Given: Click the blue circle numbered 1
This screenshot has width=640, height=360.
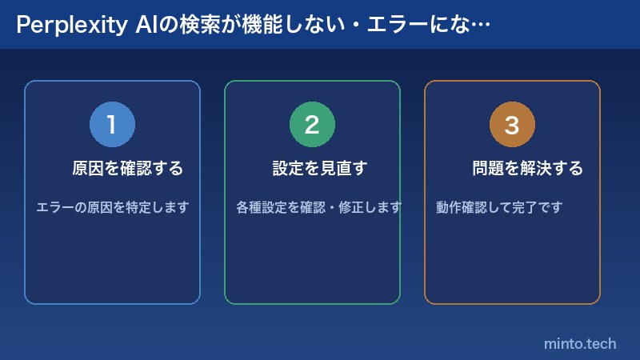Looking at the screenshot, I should coord(112,124).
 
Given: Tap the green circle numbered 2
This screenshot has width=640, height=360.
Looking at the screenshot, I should coord(312,124).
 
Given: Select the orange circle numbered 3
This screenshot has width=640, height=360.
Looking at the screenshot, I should coord(512,124).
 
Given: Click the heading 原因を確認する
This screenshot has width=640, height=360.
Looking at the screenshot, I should coord(128,169).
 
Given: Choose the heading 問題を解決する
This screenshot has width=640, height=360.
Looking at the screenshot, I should coord(527,169).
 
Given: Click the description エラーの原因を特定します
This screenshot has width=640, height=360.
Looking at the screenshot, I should coord(112,207).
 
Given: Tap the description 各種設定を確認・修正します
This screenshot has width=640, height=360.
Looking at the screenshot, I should coord(318,207).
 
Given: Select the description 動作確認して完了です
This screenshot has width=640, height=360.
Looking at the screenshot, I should coord(499,207).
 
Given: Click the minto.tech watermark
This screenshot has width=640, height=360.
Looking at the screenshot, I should coord(580,343).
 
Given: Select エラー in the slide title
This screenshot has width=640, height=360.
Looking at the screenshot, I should coord(386,26).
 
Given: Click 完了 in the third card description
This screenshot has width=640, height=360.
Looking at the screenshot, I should coord(526,207).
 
